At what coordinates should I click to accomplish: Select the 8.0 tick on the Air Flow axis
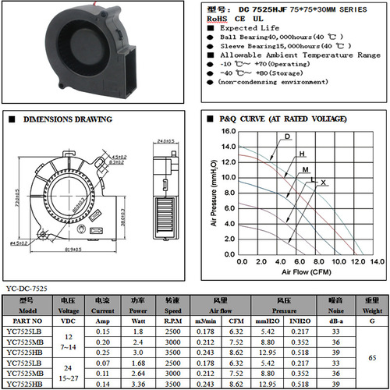(317, 261)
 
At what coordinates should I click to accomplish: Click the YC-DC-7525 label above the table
(27, 289)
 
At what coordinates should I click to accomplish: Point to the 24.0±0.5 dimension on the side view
(164, 140)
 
